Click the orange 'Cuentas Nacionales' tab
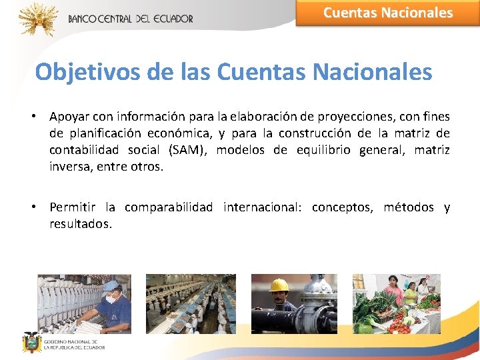tap(387, 13)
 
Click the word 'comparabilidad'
tap(169, 208)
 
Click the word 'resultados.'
tap(81, 225)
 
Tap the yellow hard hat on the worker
tap(278, 285)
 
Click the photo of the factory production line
tap(191, 303)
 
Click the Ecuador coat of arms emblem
tap(31, 343)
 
